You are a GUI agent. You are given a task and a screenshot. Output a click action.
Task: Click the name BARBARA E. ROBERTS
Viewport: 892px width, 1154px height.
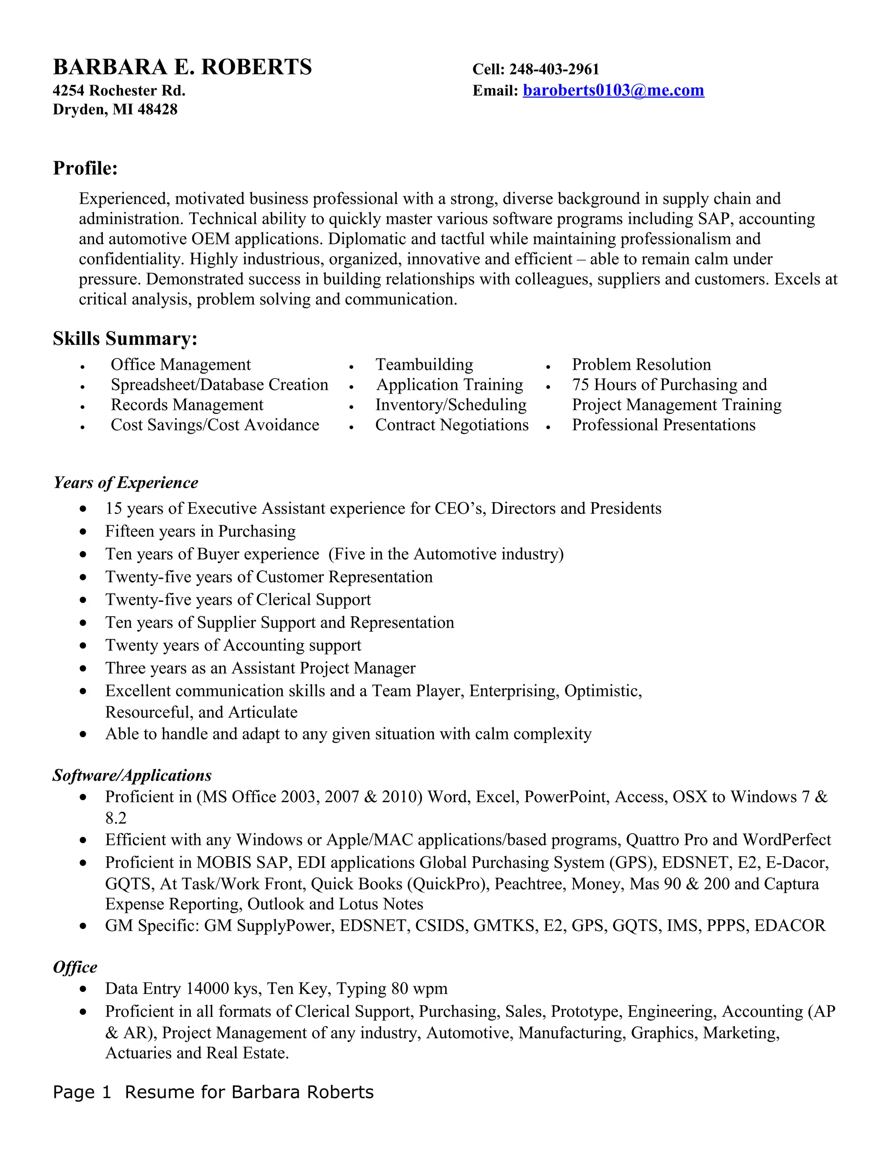pos(182,67)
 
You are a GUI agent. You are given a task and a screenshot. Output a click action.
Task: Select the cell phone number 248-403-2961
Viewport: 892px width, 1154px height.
pos(554,69)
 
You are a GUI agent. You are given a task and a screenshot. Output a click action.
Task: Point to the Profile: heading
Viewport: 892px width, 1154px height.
pos(85,168)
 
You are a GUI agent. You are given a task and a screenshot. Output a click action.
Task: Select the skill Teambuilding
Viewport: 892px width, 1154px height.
pos(424,364)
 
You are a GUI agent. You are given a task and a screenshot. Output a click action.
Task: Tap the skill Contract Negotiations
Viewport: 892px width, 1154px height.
pos(451,425)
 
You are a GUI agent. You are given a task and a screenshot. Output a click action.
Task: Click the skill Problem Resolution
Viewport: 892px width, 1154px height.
pos(641,364)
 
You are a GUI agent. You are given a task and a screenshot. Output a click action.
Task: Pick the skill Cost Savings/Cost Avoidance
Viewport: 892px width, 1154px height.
pos(215,425)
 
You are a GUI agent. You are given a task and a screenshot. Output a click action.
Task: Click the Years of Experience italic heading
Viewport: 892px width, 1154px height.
pos(126,483)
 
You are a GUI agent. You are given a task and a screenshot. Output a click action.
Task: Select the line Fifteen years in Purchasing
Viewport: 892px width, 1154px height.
pos(200,531)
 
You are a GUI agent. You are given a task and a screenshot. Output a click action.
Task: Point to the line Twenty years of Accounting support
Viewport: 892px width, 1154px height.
pos(233,645)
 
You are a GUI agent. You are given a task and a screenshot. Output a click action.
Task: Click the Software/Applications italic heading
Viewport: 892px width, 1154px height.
pos(132,775)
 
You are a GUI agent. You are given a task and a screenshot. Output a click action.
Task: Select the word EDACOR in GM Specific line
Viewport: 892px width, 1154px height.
pos(790,925)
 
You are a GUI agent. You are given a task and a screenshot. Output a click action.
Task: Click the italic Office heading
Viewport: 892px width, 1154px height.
pos(75,967)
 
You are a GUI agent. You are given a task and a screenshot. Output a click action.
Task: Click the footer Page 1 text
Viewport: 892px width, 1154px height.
pos(82,1092)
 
